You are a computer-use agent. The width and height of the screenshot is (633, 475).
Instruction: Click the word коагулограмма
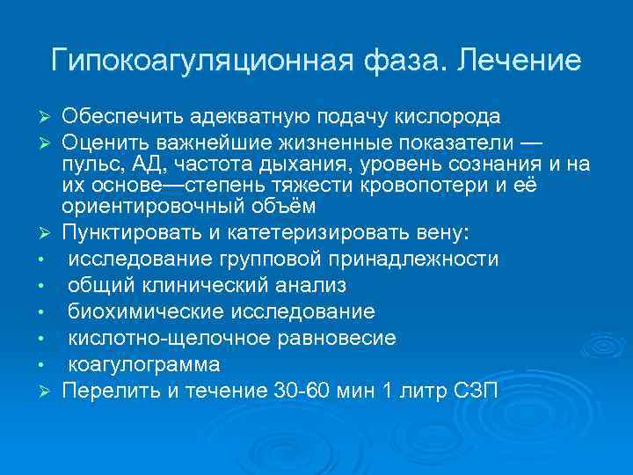pos(144,364)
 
